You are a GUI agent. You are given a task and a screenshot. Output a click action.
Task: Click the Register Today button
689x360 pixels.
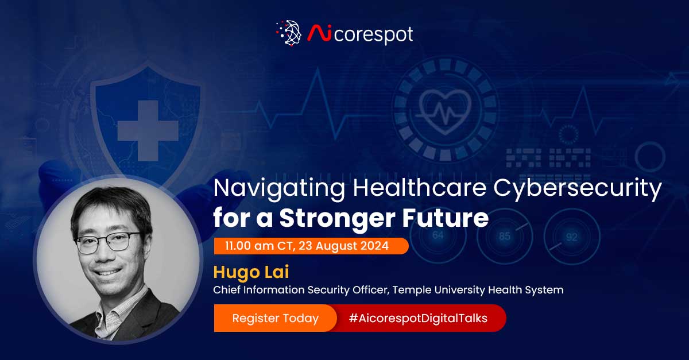click(x=275, y=319)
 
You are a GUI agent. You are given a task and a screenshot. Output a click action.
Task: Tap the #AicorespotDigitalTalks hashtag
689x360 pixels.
click(x=417, y=319)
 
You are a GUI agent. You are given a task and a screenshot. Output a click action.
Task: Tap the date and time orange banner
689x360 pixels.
click(x=310, y=246)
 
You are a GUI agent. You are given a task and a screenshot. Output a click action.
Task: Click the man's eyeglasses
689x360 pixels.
click(x=107, y=242)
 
